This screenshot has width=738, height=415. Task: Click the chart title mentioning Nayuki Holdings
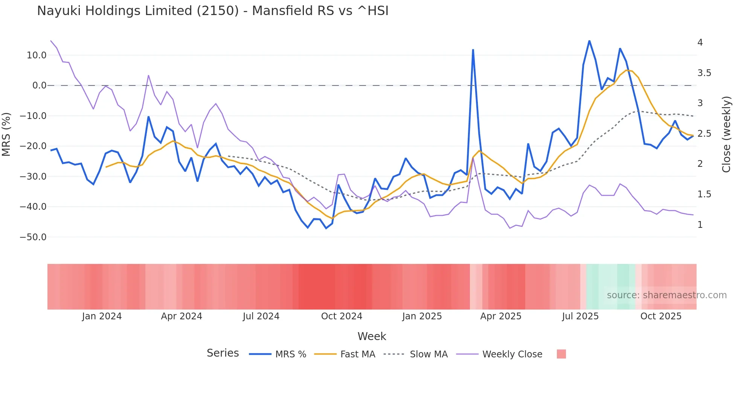213,11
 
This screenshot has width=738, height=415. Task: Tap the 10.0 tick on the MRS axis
37,55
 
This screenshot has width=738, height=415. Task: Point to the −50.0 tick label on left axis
33,237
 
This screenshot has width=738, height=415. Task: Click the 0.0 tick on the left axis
39,85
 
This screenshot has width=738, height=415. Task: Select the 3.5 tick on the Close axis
704,73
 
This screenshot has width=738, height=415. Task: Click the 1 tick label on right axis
700,225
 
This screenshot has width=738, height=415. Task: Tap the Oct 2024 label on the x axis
342,316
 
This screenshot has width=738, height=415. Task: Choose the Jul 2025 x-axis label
580,316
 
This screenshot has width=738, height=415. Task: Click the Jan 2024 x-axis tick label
102,316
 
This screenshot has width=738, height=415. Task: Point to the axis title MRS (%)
6,134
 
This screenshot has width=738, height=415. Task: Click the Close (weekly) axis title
726,134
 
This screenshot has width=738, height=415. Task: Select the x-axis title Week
372,336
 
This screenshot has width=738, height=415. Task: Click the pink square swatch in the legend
561,354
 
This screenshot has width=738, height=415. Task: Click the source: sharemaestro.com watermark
666,295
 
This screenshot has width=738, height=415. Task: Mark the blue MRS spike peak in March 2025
473,50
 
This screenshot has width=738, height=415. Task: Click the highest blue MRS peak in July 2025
589,41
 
